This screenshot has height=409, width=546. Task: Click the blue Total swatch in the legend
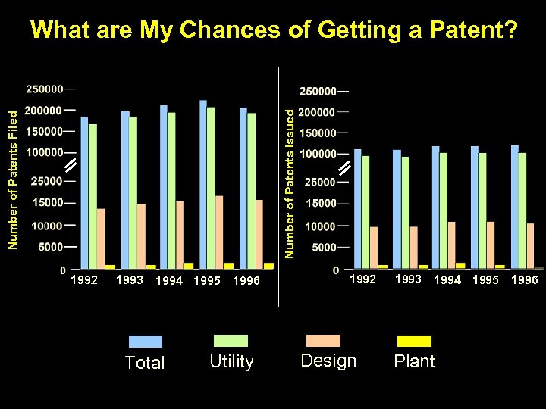145,341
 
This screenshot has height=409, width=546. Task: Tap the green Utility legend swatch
231,341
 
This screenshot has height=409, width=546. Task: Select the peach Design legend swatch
323,340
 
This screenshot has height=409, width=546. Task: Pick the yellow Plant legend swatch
414,340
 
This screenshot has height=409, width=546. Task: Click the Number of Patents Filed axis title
12,179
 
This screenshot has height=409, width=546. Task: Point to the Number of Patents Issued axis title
289,182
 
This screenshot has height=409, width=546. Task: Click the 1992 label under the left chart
84,280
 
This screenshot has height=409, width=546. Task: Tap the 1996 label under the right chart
524,280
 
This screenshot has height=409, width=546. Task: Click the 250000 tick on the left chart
45,89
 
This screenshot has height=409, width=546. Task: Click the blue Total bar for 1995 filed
202,184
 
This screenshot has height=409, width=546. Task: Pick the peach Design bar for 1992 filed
101,239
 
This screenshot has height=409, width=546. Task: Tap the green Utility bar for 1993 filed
133,193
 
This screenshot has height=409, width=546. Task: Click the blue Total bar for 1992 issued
357,208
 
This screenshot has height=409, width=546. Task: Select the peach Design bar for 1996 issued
530,245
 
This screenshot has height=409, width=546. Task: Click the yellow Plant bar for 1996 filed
268,266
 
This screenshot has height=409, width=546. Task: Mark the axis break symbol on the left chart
69,166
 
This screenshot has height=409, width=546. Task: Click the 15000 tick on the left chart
47,202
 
